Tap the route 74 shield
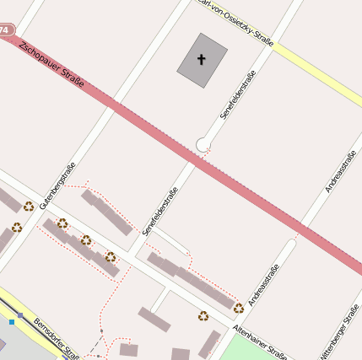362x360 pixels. pos(6,30)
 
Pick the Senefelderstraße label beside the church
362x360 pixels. pos(238,94)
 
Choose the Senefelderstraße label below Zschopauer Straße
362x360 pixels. pos(160,211)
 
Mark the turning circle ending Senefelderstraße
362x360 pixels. pos(203,145)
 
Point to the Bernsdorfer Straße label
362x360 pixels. pos(56,336)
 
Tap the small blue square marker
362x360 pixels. pos(12,321)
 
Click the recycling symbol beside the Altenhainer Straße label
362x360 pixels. pos(239,308)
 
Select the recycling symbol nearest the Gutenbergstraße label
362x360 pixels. pos(29,206)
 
